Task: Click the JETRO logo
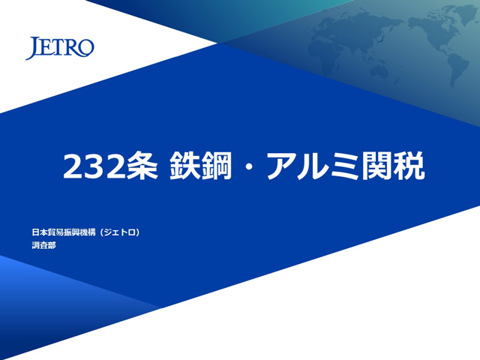tap(60, 48)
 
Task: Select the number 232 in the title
tap(94, 166)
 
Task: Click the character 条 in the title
tap(142, 166)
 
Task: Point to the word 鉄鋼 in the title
tap(200, 166)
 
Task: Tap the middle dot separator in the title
tap(249, 166)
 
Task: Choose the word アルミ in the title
tap(313, 166)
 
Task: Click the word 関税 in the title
tap(394, 166)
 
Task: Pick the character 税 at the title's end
tap(409, 166)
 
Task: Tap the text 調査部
tap(43, 245)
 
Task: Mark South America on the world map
tap(457, 68)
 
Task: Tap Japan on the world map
tap(380, 37)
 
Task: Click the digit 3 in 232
tap(94, 166)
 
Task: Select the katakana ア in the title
tap(282, 166)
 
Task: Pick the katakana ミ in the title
tap(345, 166)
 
